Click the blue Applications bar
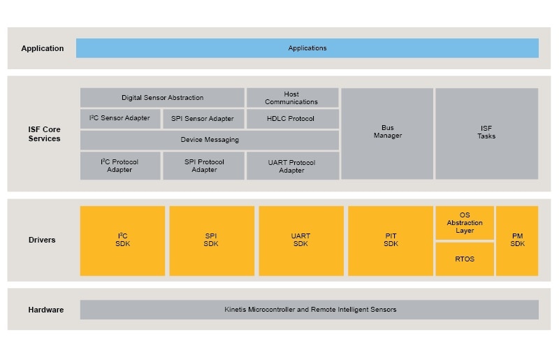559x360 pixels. (x=307, y=48)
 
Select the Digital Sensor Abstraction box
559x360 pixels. (x=162, y=98)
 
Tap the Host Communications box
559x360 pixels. (x=292, y=98)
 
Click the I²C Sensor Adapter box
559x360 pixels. (x=119, y=118)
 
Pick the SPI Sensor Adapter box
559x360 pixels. (x=203, y=119)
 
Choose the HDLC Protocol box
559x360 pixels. (x=292, y=119)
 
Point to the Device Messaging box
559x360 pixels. (x=210, y=140)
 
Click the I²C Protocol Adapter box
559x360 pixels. (x=119, y=166)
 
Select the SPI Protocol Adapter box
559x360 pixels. (x=203, y=166)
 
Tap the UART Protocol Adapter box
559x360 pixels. (x=292, y=166)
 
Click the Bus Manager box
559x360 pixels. (x=387, y=133)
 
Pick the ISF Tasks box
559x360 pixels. (x=486, y=133)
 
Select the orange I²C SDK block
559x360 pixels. (x=122, y=240)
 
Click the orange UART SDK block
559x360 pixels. (x=300, y=240)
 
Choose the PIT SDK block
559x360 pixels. (x=391, y=240)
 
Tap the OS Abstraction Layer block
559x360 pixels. (x=465, y=222)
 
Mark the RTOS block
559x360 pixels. (x=465, y=259)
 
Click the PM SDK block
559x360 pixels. (x=517, y=240)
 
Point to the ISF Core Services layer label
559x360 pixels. (x=44, y=134)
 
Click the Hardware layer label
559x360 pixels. (x=45, y=310)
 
